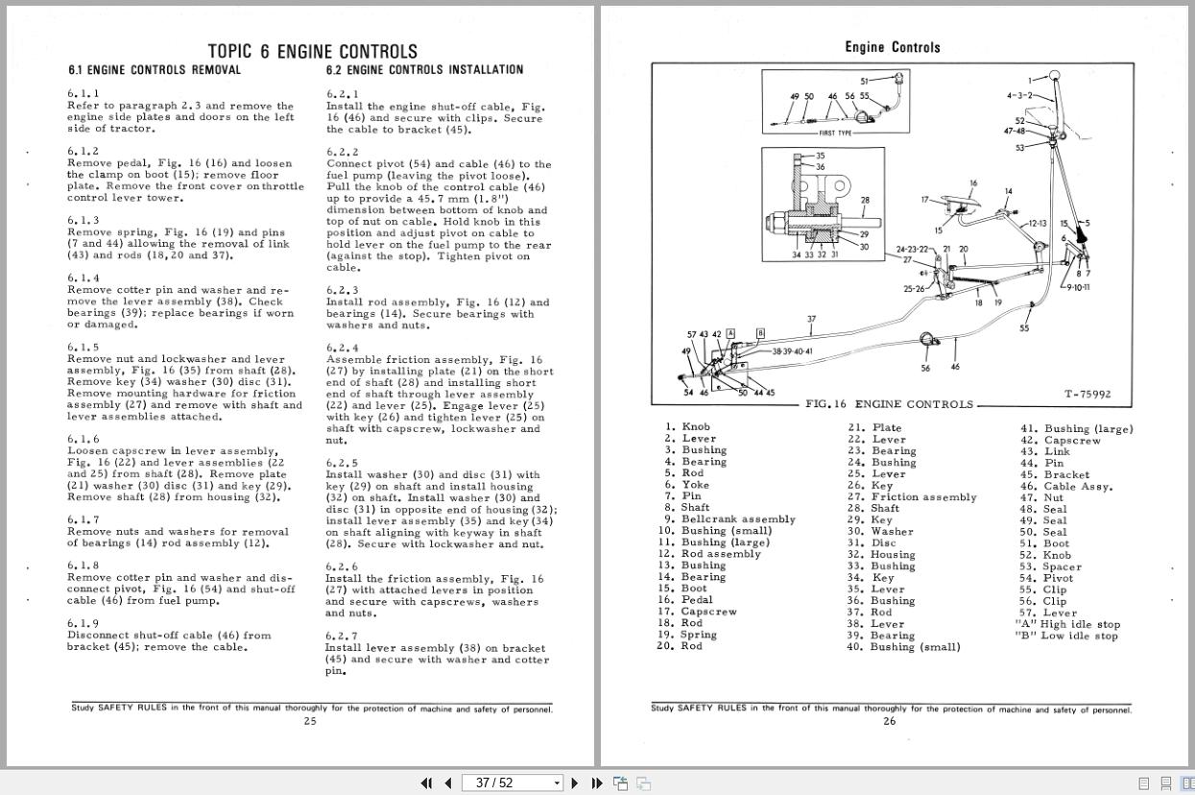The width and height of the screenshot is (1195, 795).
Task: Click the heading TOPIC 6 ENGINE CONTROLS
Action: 312,52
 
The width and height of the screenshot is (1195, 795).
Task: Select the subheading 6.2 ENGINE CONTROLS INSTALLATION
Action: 424,70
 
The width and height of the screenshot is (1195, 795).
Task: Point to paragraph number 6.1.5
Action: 83,348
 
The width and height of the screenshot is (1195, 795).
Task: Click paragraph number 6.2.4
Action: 342,349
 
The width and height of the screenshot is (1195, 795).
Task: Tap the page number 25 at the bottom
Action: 310,721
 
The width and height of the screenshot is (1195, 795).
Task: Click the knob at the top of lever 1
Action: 1053,76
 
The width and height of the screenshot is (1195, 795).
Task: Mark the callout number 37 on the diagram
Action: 811,320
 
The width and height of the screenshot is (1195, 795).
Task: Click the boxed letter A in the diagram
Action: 730,333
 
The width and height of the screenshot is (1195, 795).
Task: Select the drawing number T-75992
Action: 1087,395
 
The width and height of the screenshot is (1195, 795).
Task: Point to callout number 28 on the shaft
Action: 865,201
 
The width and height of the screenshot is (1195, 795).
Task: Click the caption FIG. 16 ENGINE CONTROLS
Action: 888,404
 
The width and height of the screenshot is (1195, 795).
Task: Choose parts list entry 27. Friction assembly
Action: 911,497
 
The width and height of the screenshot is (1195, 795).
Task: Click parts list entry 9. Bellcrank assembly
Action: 727,519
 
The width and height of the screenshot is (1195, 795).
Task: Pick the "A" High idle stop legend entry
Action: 1067,624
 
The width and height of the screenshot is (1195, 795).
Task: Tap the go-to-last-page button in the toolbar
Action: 596,783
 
